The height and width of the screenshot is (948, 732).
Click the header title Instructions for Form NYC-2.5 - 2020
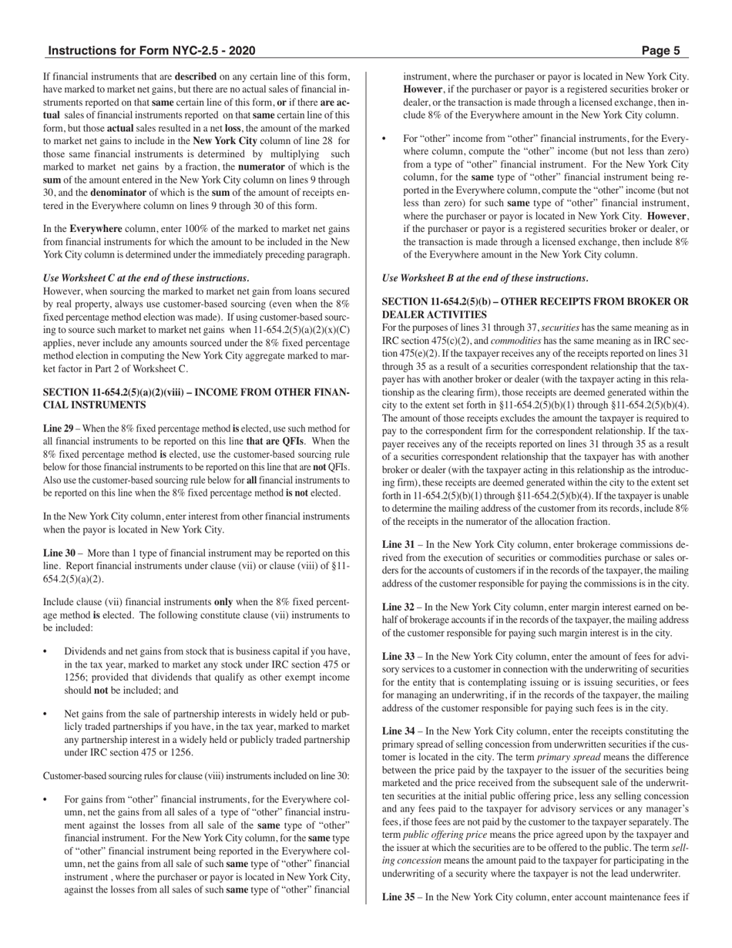tap(152, 52)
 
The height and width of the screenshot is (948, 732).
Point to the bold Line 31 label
tap(398, 545)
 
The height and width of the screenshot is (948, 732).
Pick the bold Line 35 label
tap(398, 898)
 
